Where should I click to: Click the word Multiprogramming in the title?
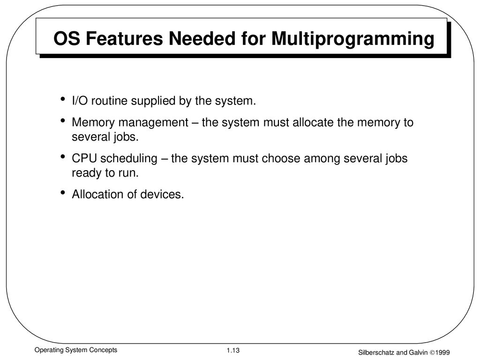click(353, 39)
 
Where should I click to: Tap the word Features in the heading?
click(124, 38)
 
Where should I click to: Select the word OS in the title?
click(67, 38)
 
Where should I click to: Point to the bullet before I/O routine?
click(63, 99)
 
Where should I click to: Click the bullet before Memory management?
click(63, 120)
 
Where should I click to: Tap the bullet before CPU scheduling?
click(63, 157)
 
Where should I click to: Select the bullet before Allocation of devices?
click(63, 193)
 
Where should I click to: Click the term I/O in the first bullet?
click(80, 101)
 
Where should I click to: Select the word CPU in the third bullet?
click(84, 158)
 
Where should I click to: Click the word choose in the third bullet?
click(281, 158)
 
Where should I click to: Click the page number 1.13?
click(233, 351)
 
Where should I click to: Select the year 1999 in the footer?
click(442, 352)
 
